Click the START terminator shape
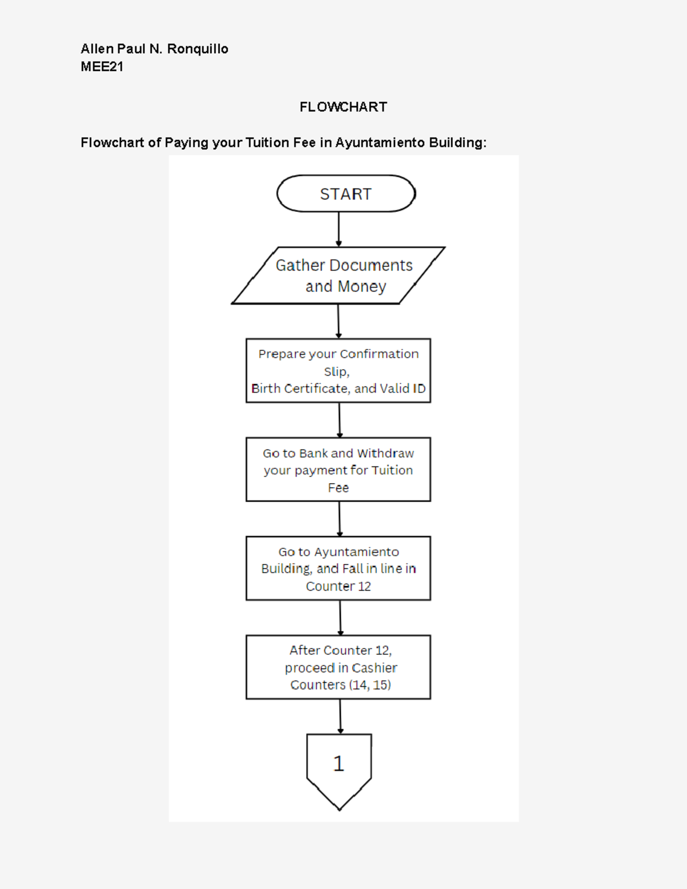(346, 194)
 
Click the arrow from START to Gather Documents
(338, 229)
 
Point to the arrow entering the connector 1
(340, 716)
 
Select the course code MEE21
(102, 67)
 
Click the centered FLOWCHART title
(343, 107)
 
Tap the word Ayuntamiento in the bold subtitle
(380, 143)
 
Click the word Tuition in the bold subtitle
(267, 143)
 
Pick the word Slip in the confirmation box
(335, 372)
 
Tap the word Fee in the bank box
(338, 488)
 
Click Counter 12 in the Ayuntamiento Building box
(338, 586)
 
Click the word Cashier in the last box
(374, 668)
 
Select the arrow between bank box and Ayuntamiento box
(339, 519)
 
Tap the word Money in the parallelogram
(362, 286)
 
